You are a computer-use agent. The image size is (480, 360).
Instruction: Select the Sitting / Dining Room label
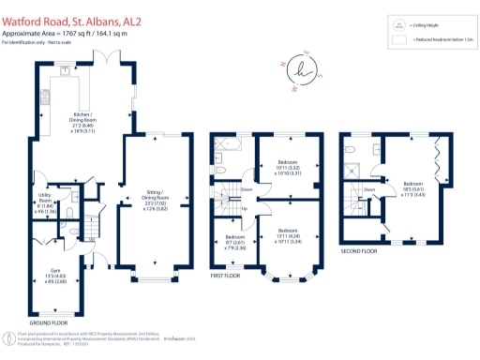(x=157, y=202)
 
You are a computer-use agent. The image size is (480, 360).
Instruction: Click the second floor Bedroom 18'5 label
(x=412, y=187)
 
